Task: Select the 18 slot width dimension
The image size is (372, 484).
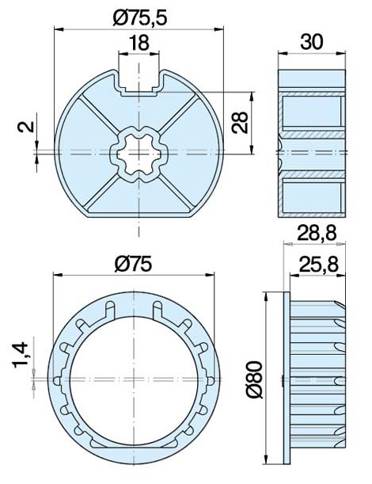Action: [139, 44]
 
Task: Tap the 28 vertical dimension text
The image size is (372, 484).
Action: [241, 122]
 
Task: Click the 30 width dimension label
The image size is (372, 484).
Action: [313, 41]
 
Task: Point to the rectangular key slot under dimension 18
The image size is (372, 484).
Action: [139, 81]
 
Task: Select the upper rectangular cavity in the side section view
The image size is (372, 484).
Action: [314, 110]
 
